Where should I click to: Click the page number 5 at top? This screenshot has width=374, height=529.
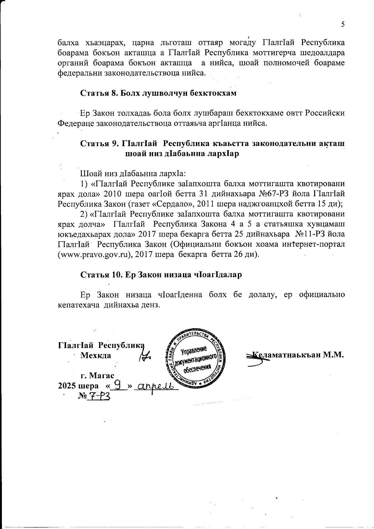tap(343, 25)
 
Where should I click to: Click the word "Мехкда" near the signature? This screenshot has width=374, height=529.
tap(96, 355)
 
